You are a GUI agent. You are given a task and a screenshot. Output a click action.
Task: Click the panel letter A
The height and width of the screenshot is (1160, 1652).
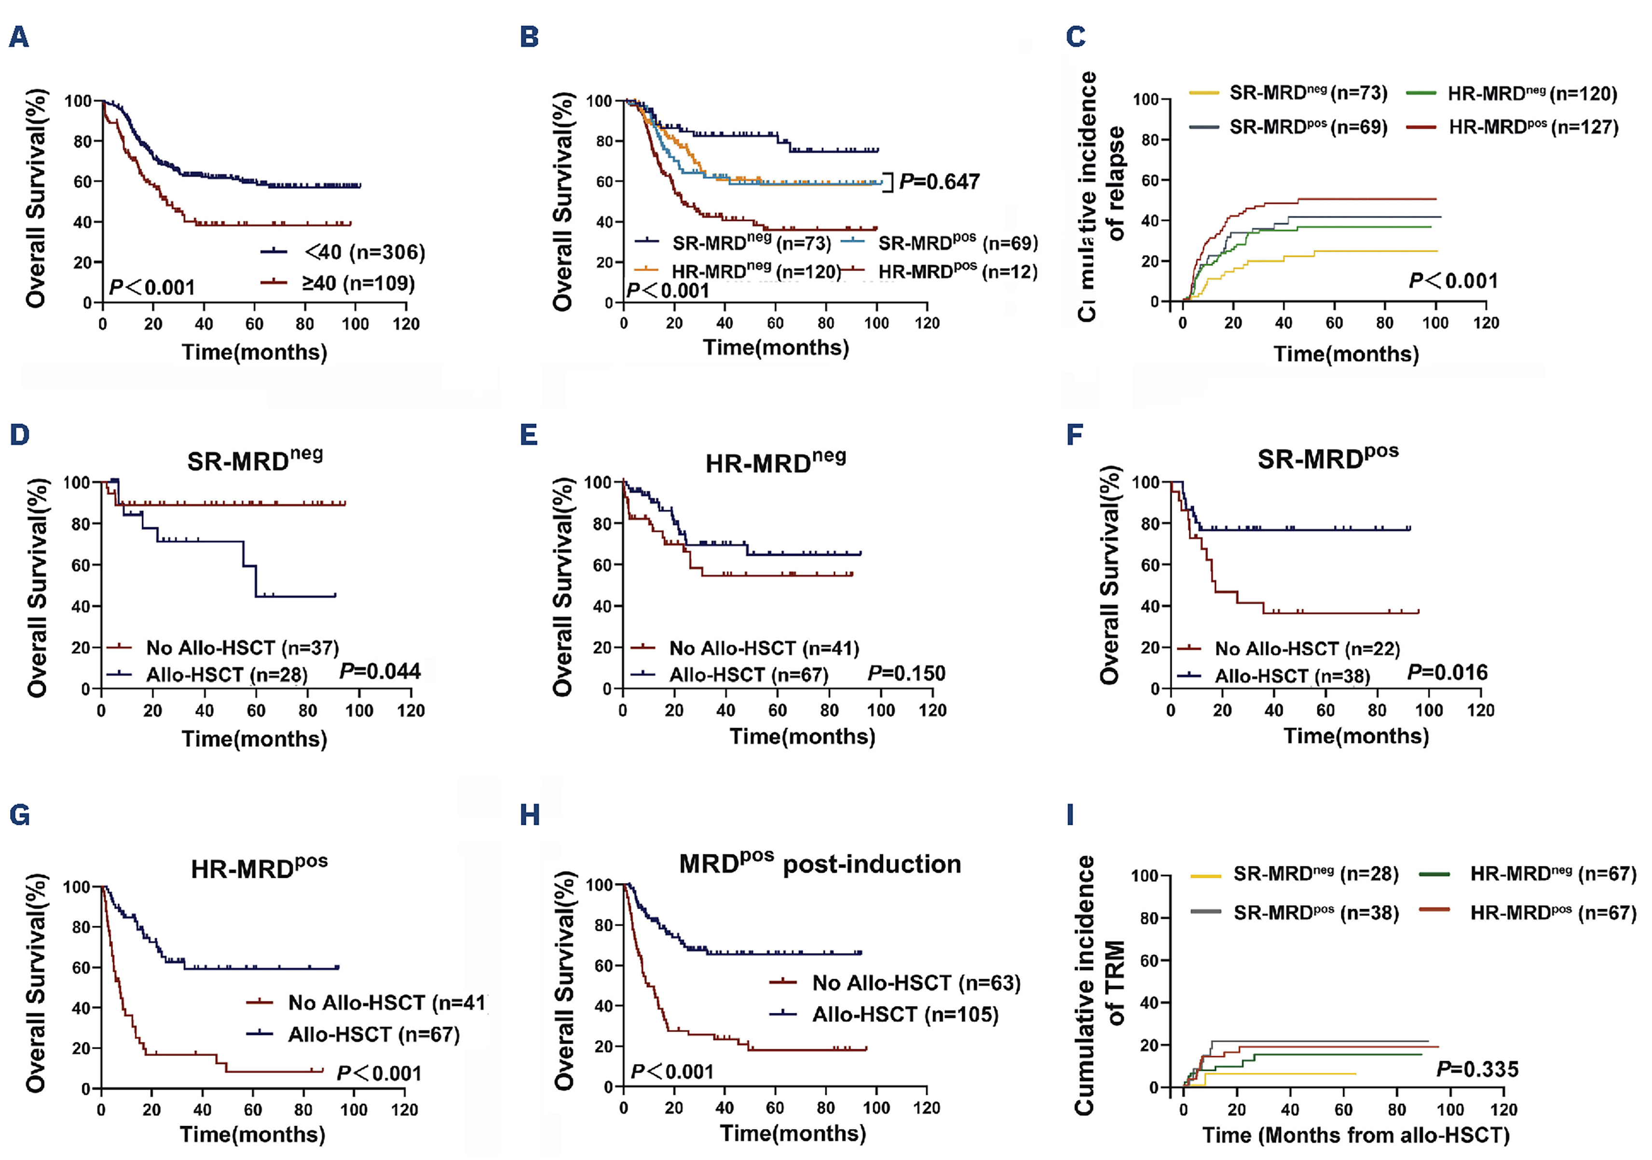[19, 37]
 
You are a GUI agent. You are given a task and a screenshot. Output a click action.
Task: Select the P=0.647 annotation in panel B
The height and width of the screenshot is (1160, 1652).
[939, 181]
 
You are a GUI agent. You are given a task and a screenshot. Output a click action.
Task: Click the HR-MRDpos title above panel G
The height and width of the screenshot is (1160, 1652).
[259, 867]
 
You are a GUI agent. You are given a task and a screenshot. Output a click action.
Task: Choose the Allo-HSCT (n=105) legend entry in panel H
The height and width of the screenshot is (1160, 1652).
[904, 1015]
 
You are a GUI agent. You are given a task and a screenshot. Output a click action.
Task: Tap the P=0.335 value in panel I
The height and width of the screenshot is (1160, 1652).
[1478, 1069]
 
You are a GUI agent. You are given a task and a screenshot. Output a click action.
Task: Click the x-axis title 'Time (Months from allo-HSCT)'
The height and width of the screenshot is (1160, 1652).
[1355, 1135]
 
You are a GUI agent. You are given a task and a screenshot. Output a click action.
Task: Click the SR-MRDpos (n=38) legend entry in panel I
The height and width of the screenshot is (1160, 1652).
[1315, 913]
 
